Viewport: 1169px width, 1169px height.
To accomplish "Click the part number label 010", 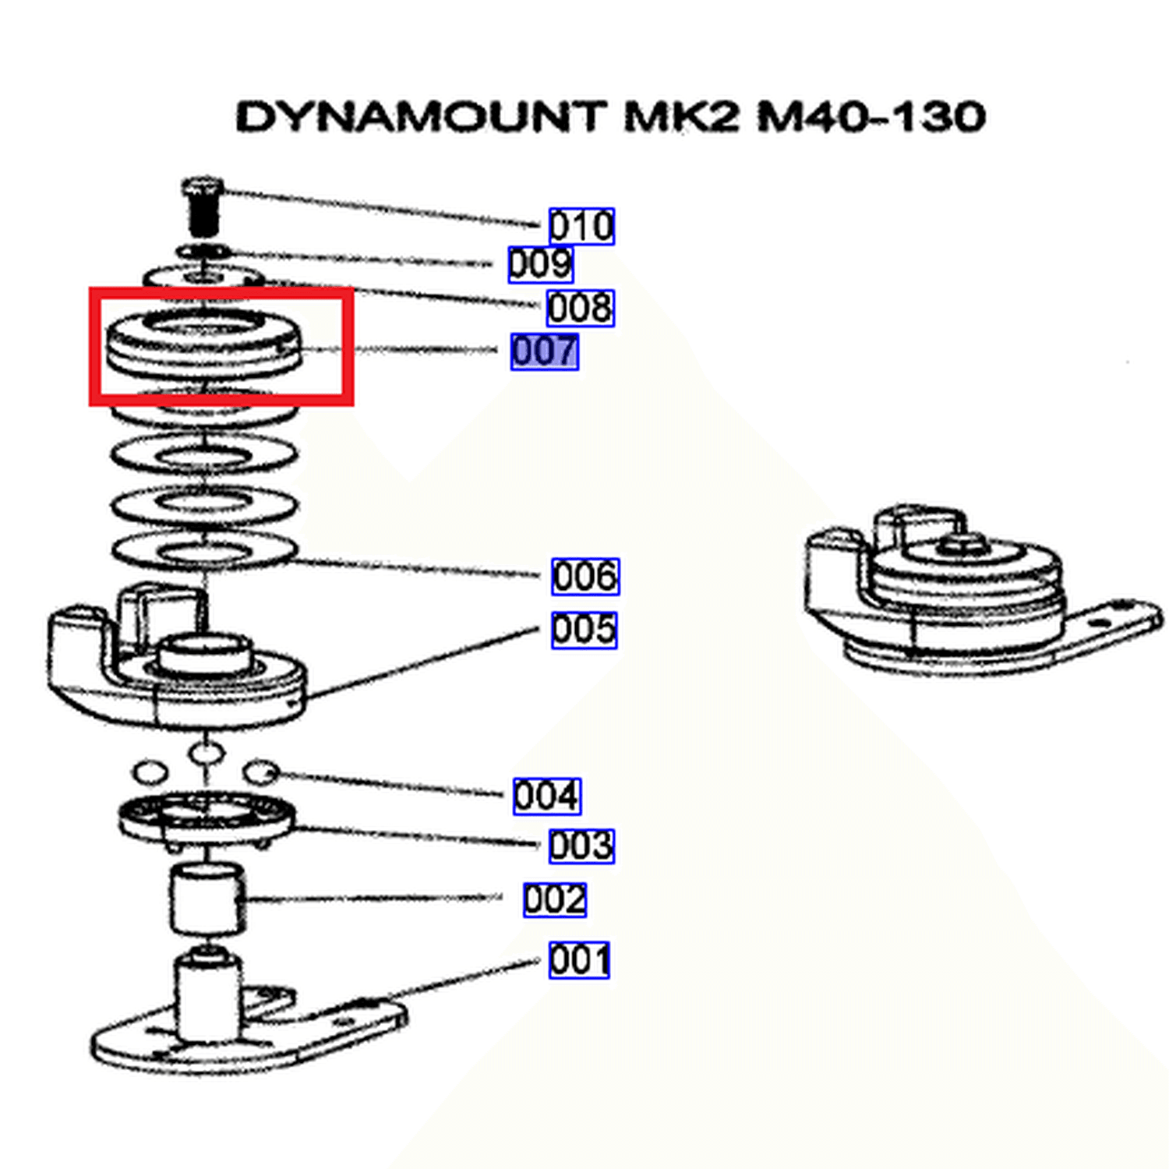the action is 581,226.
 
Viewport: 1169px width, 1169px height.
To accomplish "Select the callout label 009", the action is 541,264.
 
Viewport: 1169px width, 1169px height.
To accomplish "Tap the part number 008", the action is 581,308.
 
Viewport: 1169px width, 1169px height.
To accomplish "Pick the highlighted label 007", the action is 545,351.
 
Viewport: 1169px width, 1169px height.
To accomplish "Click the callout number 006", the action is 585,577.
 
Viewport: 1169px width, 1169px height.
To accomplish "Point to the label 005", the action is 584,630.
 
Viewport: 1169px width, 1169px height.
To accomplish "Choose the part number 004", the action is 547,796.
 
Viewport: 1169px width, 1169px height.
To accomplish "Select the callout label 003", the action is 581,846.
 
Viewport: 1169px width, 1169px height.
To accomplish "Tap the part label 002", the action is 555,899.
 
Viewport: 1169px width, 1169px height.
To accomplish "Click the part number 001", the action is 579,960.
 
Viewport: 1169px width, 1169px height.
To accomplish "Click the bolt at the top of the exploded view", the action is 203,207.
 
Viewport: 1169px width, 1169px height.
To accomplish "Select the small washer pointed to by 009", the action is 203,252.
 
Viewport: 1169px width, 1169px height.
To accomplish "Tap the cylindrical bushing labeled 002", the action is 207,899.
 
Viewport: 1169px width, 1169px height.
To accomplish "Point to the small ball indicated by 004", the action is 261,772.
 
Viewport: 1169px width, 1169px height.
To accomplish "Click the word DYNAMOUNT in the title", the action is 421,117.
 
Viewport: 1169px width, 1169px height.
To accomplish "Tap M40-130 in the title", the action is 871,117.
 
